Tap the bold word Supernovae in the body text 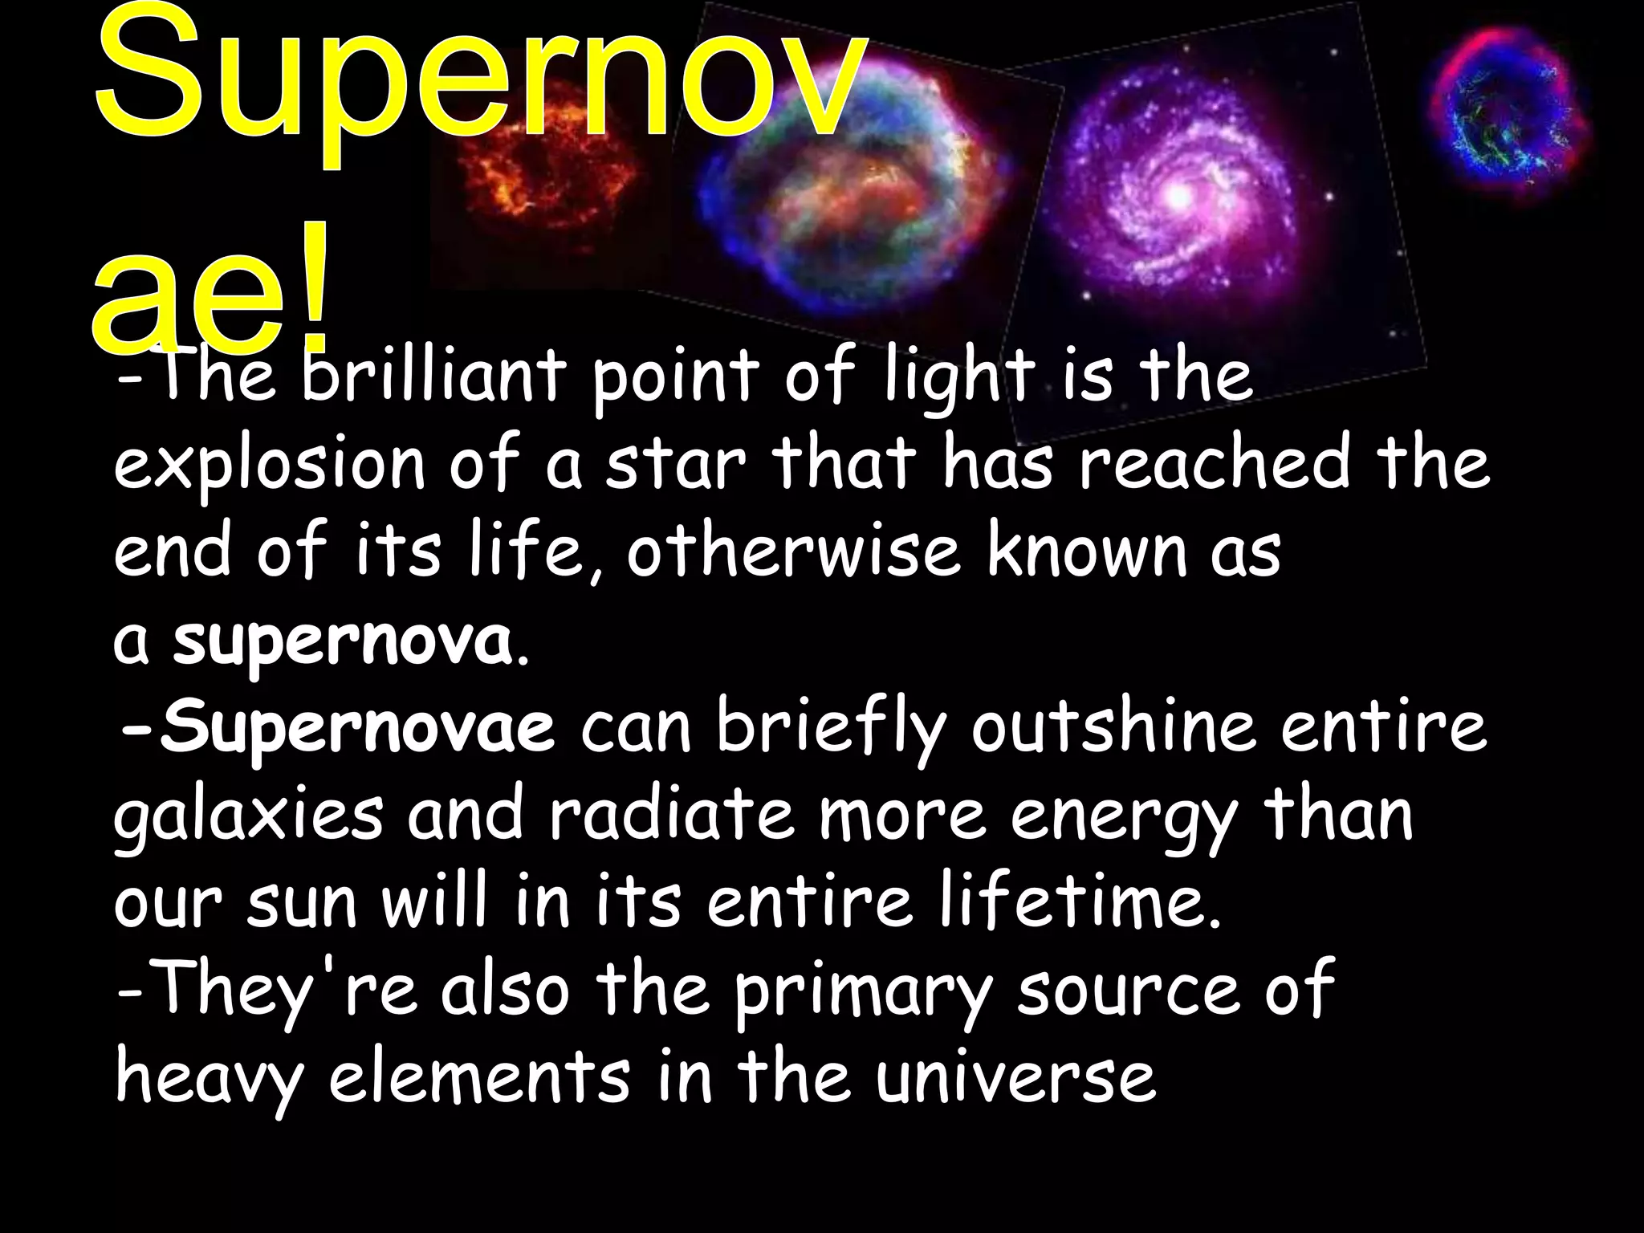[x=356, y=729]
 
